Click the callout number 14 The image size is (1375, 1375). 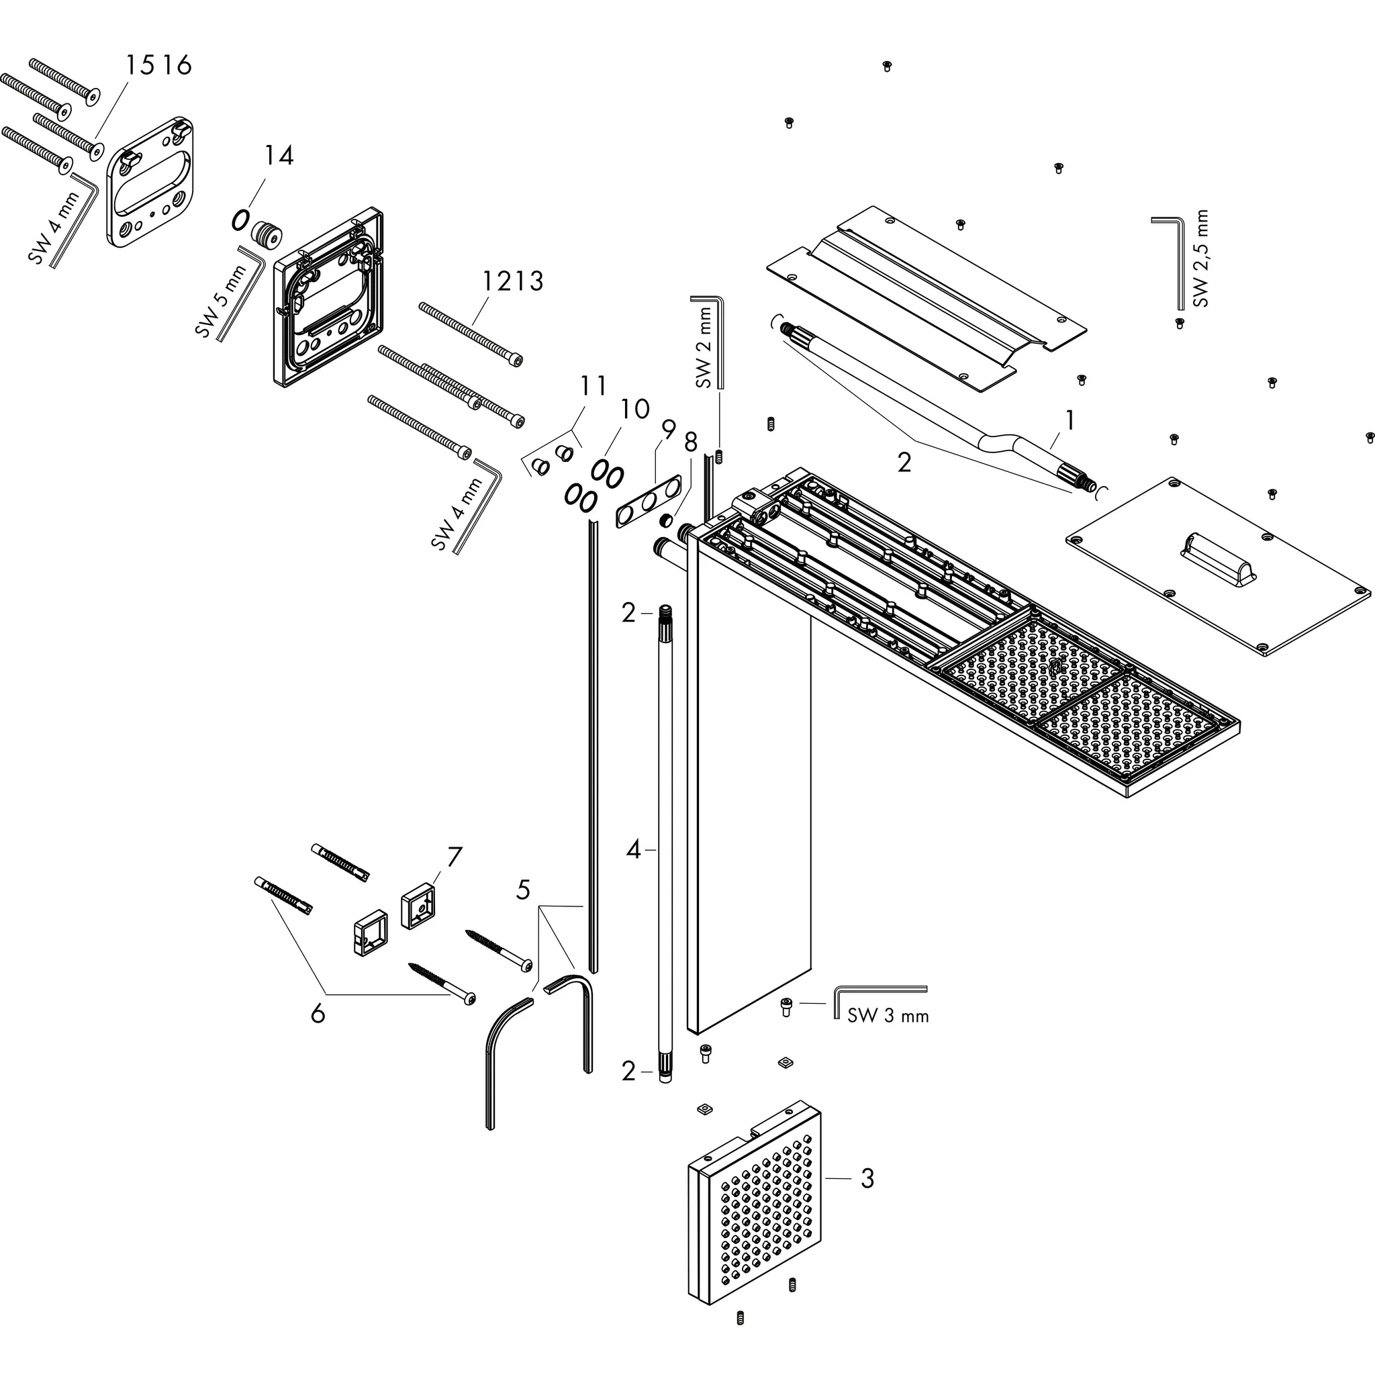click(x=279, y=155)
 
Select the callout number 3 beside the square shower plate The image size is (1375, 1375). click(x=866, y=1178)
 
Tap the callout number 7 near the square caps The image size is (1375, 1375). click(x=455, y=857)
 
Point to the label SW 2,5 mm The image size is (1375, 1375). click(x=1201, y=258)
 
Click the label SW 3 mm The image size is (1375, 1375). click(x=888, y=1016)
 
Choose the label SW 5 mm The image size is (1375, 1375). click(x=221, y=300)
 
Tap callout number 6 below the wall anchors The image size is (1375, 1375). click(x=318, y=1012)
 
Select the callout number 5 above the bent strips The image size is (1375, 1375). click(x=523, y=889)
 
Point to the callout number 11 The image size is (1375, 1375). click(x=593, y=386)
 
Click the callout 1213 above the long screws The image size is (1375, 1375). click(x=512, y=281)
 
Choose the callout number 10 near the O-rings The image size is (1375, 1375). click(x=634, y=410)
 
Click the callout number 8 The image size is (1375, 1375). click(x=690, y=442)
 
